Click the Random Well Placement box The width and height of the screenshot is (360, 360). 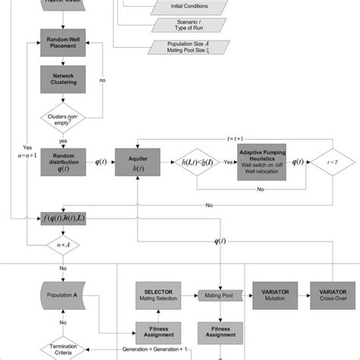point(65,42)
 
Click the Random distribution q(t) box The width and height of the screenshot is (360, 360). point(65,162)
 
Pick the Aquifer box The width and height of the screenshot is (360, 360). point(134,162)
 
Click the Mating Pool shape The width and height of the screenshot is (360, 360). point(221,294)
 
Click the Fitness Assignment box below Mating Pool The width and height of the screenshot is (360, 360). point(221,331)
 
